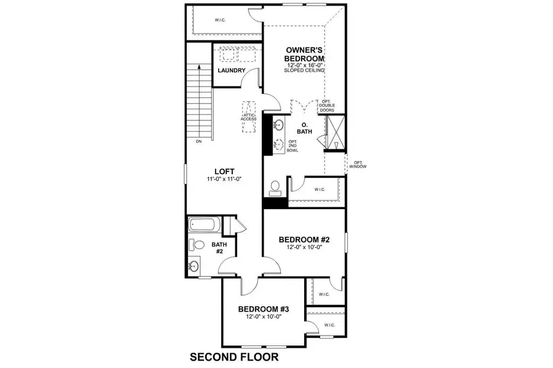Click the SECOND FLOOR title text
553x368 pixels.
(234, 356)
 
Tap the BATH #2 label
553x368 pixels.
(219, 248)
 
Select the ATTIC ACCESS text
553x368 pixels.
(248, 117)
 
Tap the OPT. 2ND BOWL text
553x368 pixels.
(292, 145)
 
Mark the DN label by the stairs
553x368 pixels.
(198, 142)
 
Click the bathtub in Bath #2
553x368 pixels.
(203, 225)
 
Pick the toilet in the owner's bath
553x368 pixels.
(275, 185)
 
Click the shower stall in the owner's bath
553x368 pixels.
(335, 131)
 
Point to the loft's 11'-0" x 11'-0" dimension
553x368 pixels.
(224, 179)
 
